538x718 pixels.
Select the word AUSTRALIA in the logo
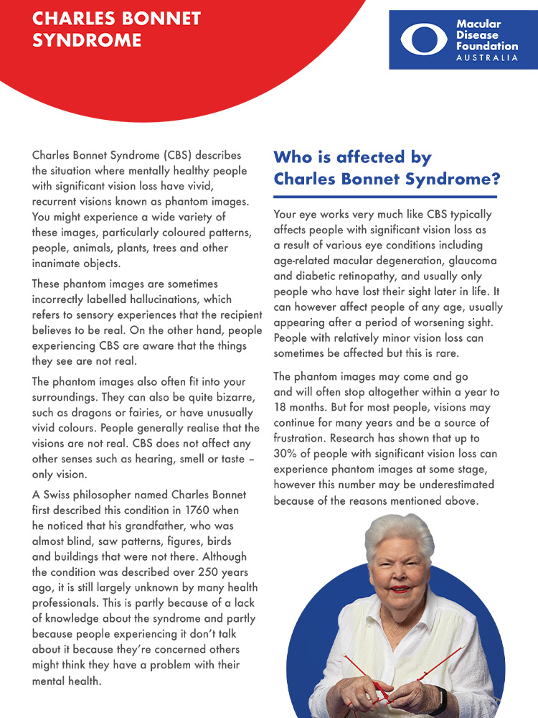[x=487, y=57]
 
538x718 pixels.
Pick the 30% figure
[x=285, y=454]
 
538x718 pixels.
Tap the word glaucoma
[x=470, y=261]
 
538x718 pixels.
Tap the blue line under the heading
[x=385, y=197]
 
